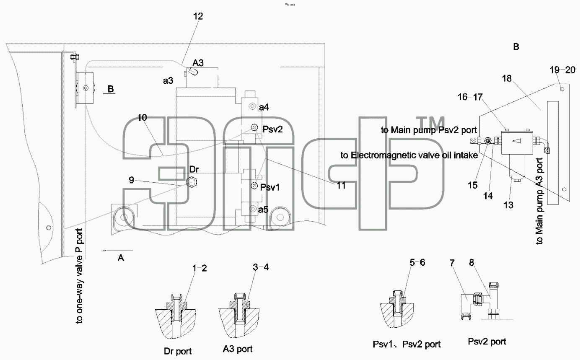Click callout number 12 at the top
(198, 16)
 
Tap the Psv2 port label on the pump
(272, 129)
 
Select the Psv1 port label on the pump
(270, 187)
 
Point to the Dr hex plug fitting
(192, 182)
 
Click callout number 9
(131, 180)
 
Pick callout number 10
(142, 118)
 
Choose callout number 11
(341, 185)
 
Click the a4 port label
(264, 107)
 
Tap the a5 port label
(263, 210)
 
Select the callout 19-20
(562, 70)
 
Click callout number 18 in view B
(507, 78)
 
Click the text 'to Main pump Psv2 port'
(429, 130)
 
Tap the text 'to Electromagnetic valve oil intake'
(409, 155)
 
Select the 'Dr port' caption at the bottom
(178, 351)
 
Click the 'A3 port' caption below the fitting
(238, 349)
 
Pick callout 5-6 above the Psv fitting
(417, 262)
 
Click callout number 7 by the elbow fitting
(452, 263)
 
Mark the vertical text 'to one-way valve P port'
(79, 276)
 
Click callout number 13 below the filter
(508, 205)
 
